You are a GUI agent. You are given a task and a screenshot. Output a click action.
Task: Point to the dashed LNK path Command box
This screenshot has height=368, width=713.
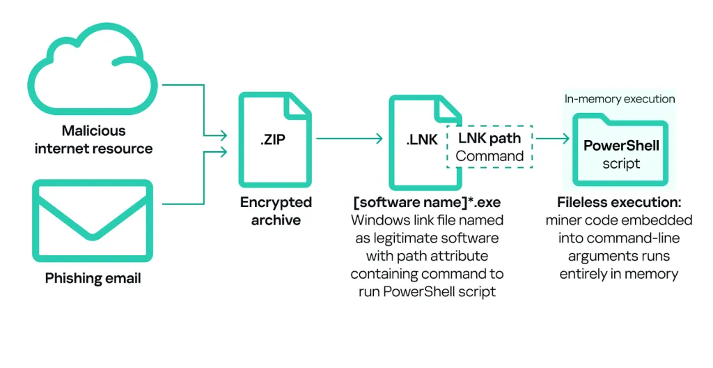click(x=489, y=147)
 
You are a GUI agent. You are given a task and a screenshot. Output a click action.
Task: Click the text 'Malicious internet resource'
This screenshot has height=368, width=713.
click(x=93, y=139)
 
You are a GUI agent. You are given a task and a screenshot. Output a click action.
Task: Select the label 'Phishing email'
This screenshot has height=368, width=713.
click(x=93, y=279)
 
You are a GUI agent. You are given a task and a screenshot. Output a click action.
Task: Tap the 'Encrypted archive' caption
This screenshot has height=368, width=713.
click(x=276, y=211)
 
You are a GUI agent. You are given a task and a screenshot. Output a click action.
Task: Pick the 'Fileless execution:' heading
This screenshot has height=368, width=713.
click(x=619, y=203)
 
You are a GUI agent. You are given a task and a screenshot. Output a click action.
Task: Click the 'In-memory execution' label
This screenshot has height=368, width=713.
click(x=620, y=99)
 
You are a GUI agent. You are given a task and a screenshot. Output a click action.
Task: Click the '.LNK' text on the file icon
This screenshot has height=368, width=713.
click(x=422, y=139)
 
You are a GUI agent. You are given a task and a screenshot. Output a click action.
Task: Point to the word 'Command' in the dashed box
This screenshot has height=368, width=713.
click(x=489, y=156)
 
